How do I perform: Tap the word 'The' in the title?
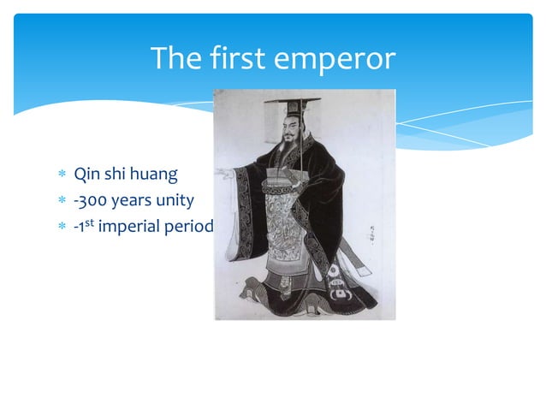171,59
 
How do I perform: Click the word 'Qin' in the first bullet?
85,175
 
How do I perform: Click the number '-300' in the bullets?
90,202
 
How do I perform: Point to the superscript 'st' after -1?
92,225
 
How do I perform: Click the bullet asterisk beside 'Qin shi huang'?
61,176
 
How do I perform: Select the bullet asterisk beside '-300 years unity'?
61,203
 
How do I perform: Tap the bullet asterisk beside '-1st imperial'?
61,228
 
